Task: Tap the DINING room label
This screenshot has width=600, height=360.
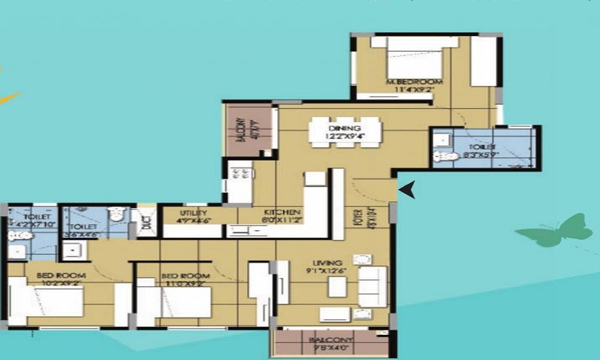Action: coord(344,128)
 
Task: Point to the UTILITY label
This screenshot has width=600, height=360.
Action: coord(193,213)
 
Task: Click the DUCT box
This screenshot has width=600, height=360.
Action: coord(146,223)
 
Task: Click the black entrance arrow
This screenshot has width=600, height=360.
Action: coord(408,191)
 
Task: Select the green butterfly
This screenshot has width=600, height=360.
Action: coord(555,231)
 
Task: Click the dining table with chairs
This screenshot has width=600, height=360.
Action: coord(345,131)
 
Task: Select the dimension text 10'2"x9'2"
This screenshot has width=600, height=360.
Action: coord(61,284)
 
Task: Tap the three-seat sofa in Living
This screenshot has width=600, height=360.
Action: coord(373,287)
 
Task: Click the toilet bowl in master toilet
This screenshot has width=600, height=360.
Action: coord(445,157)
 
